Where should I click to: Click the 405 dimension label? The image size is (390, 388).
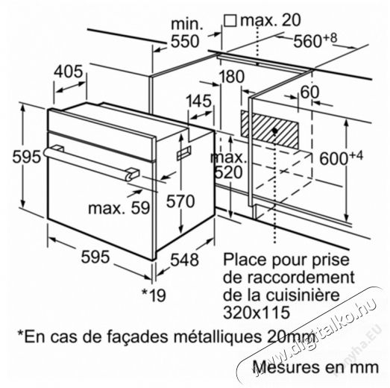point(69,72)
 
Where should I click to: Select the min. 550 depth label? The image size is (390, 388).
point(186,33)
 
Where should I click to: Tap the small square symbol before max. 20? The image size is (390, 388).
point(230,20)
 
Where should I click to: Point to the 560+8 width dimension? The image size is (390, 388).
point(315,40)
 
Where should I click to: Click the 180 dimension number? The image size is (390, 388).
point(232,76)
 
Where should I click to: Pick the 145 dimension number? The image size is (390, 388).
point(199,101)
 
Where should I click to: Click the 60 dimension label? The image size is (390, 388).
point(309,92)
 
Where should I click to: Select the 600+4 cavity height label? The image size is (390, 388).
point(341,158)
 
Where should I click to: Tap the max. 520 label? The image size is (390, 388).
point(228,165)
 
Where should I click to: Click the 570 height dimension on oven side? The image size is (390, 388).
point(180,201)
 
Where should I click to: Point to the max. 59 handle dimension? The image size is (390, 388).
point(119,208)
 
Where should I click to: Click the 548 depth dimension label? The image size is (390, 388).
point(184,260)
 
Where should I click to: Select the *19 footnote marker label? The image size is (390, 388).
point(154,295)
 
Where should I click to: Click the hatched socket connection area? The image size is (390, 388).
point(269,129)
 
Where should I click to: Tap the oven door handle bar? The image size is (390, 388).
point(91,163)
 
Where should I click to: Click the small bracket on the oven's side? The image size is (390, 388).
point(184,153)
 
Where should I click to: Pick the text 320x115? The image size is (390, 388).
point(257,313)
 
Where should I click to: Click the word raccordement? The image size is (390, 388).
point(289,277)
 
